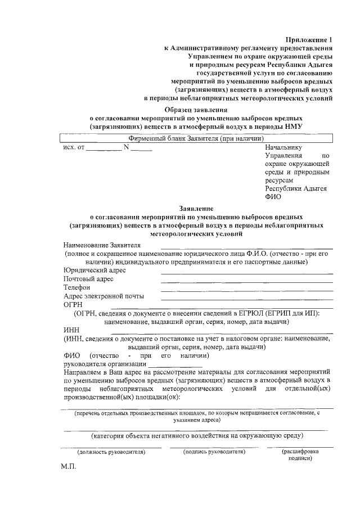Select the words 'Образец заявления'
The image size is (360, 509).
pos(197,110)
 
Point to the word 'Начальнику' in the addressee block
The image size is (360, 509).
pos(283,147)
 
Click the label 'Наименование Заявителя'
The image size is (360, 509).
pos(102,245)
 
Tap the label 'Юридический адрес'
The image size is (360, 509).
pos(94,271)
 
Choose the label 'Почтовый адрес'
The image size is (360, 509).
pos(89,279)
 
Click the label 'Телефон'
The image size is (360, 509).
pos(77,287)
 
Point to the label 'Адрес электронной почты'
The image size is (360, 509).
pos(103,296)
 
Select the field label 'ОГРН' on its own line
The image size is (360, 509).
pos(73,304)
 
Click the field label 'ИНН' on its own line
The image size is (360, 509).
pos(71,330)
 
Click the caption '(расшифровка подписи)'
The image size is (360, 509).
pos(300,454)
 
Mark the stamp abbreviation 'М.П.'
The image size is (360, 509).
pos(68,467)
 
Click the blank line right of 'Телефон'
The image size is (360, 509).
pos(246,290)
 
